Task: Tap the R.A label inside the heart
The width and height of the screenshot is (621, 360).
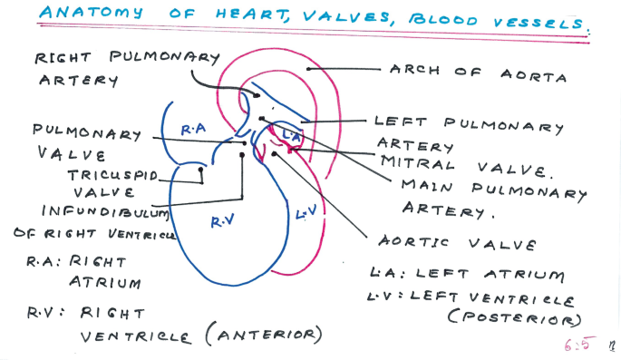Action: coord(193,131)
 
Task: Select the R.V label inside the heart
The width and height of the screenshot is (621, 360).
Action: coord(222,220)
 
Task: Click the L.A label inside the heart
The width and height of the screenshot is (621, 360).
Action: coord(290,134)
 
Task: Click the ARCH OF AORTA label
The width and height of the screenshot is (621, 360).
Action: coord(478,73)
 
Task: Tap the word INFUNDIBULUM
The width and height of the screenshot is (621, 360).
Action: coord(106,211)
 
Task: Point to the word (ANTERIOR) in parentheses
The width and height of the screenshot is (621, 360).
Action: coord(263,335)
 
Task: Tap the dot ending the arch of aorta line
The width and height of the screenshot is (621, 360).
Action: coord(309,68)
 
